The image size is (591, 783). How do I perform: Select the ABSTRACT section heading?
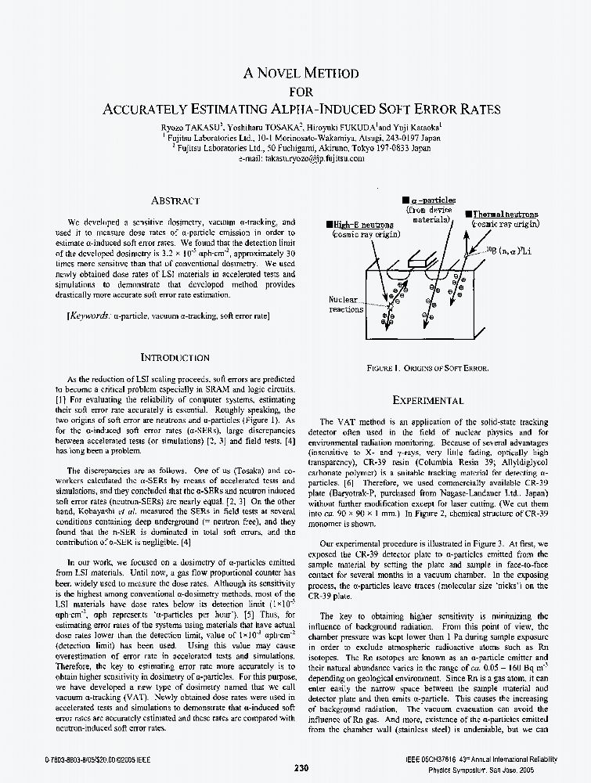175,201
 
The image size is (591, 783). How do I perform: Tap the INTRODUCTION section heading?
175,357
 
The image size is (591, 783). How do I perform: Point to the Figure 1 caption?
427,367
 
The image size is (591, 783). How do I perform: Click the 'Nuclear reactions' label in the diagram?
346,305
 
